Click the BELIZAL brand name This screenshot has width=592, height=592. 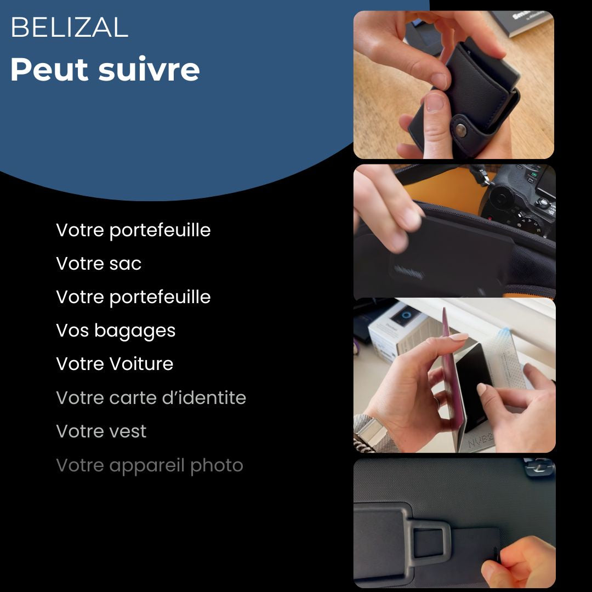[x=69, y=28]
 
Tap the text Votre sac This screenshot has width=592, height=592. [x=99, y=264]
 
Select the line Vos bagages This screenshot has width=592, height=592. [x=116, y=331]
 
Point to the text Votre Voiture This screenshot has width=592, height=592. [x=115, y=364]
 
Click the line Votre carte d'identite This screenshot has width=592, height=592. [x=151, y=398]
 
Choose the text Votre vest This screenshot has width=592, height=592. [x=101, y=431]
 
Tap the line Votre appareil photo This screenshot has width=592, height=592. [x=149, y=465]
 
